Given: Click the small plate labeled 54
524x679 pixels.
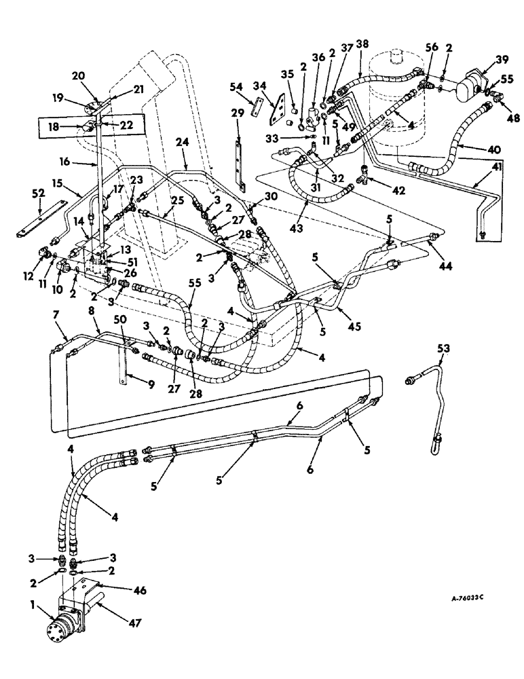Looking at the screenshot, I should (257, 107).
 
